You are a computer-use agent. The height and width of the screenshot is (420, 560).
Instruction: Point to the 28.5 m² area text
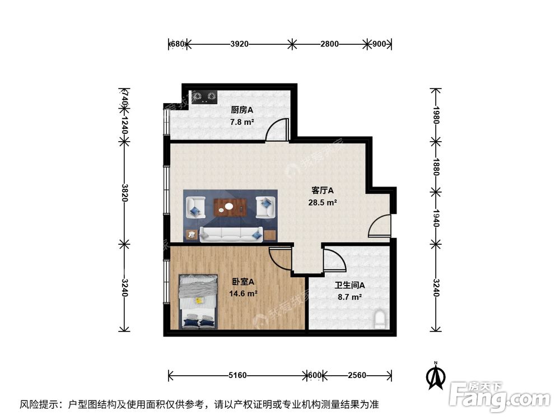(x=322, y=202)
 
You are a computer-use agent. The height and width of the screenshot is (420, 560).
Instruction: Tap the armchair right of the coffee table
(x=266, y=207)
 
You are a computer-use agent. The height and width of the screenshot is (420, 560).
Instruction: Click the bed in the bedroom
(x=198, y=301)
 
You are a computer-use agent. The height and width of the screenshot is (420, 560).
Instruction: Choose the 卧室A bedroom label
(x=243, y=282)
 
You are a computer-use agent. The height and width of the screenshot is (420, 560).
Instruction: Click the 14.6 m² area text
(x=243, y=293)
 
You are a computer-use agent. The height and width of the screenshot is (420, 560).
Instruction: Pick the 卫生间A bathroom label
(x=350, y=286)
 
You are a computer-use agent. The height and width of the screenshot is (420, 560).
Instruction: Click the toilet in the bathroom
(x=381, y=320)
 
